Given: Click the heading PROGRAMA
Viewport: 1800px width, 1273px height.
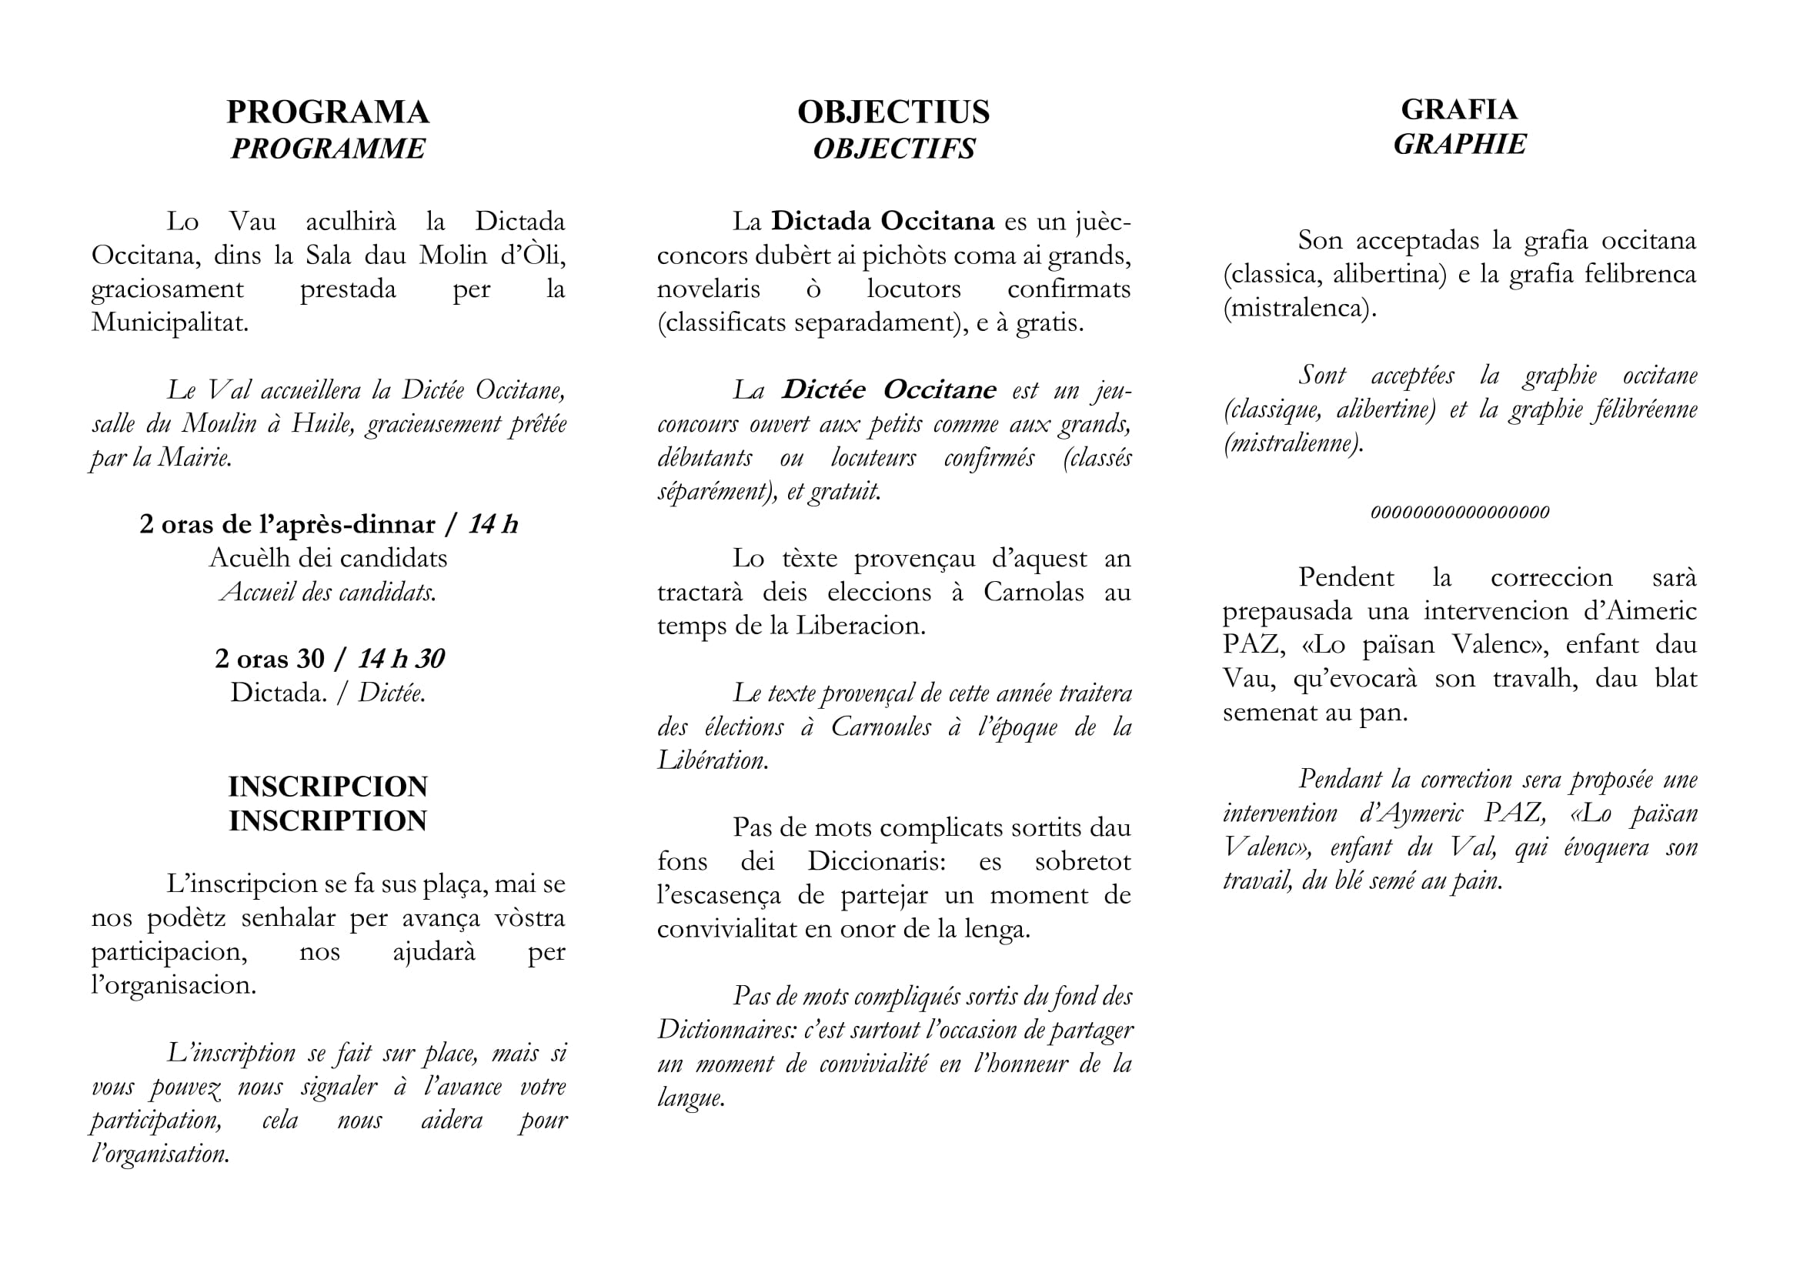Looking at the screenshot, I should pos(328,112).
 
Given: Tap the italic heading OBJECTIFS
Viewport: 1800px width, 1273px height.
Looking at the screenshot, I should pos(893,148).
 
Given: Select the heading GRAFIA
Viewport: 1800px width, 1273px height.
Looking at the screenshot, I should pos(1459,109).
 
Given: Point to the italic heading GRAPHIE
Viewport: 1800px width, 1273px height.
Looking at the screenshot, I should pos(1459,144).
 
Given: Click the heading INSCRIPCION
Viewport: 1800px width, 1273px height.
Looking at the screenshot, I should pos(328,787).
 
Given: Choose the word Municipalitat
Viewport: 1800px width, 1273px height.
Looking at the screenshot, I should pos(169,322).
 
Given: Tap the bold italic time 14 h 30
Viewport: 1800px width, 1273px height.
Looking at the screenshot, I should pos(401,659).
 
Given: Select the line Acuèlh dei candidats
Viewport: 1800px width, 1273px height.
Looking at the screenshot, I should pos(328,558).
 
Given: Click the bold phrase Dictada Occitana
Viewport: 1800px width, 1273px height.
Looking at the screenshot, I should pos(883,221).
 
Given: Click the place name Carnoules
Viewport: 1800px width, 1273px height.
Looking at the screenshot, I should pos(880,727).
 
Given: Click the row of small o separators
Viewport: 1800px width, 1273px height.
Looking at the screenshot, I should pos(1459,512).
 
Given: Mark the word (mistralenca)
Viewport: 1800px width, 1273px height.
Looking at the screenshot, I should pos(1299,307).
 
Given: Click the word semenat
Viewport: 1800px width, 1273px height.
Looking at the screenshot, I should pos(1269,712).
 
